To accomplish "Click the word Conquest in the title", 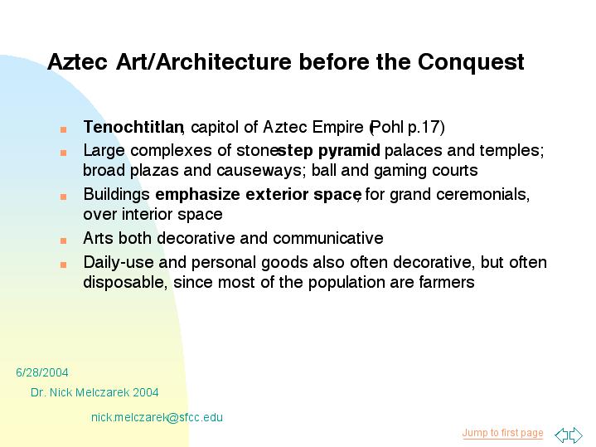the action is [471, 62].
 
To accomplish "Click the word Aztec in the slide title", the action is [78, 61].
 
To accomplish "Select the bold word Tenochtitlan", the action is [133, 127].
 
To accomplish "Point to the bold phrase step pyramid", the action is [329, 151].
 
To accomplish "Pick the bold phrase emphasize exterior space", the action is [258, 195].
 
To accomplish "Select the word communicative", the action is [328, 239].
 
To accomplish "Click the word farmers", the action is [447, 283].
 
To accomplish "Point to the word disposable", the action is [124, 283].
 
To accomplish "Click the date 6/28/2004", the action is [42, 372].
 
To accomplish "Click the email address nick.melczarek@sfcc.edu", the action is [157, 417].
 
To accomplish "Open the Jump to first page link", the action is [502, 433].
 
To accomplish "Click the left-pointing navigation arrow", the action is [561, 435].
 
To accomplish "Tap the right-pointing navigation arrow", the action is [576, 435].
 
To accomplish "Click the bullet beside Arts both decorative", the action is [64, 241].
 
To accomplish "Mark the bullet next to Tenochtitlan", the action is [64, 129].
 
